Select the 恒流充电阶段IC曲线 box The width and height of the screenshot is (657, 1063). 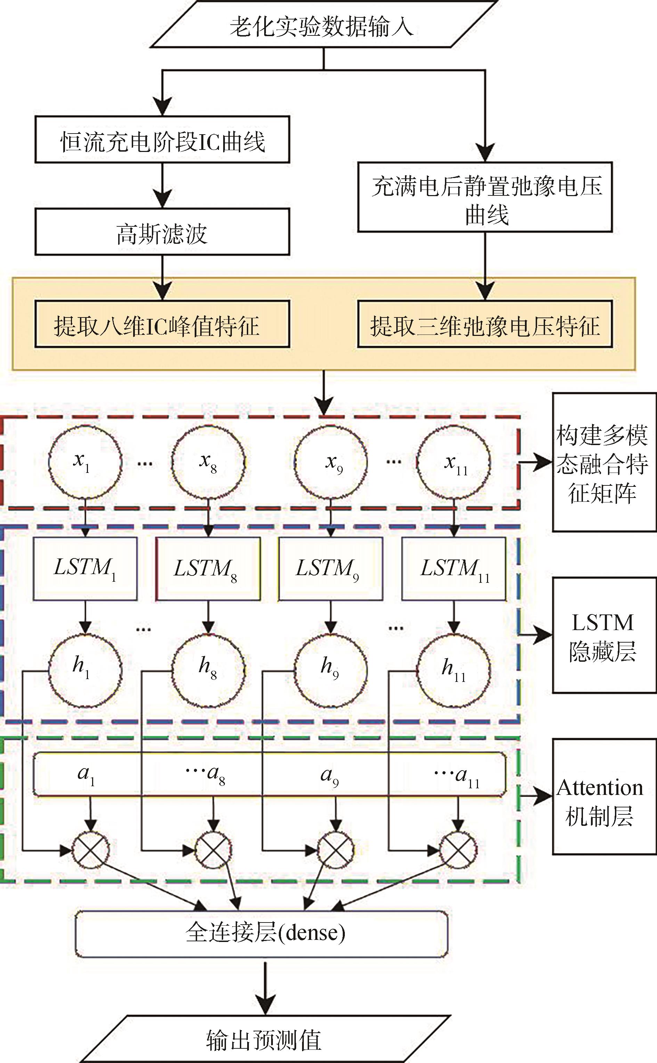pos(162,140)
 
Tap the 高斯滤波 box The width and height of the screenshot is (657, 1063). pos(162,232)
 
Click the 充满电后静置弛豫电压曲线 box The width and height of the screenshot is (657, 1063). pos(485,197)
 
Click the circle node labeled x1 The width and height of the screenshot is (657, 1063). pos(85,461)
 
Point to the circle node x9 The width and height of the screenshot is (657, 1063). pos(331,461)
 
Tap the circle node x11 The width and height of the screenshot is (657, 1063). pos(454,461)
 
